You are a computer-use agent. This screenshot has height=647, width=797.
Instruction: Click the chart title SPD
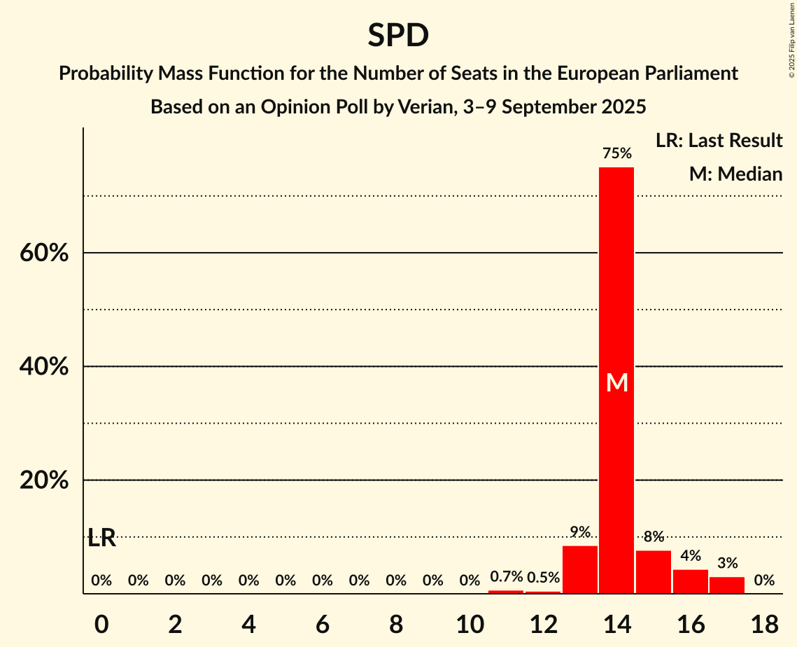(x=398, y=36)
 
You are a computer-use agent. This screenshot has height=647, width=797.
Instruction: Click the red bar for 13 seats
(x=580, y=569)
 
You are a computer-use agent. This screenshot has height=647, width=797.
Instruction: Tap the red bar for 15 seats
(x=654, y=571)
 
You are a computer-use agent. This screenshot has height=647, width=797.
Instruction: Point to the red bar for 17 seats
(x=727, y=585)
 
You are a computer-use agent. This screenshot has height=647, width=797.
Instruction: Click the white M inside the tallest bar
(x=617, y=382)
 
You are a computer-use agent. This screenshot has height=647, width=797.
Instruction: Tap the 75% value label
(x=616, y=153)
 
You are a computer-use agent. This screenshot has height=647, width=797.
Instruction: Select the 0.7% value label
(x=507, y=577)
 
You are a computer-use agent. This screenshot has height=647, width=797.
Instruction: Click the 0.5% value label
(x=543, y=578)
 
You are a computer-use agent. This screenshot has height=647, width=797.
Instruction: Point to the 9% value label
(x=580, y=532)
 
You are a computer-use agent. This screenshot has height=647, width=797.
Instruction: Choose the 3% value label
(x=727, y=563)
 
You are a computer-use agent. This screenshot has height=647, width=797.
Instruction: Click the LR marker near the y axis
(x=102, y=538)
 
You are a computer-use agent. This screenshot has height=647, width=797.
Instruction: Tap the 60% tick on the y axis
(x=44, y=253)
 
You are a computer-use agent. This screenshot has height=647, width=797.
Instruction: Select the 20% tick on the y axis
(x=44, y=480)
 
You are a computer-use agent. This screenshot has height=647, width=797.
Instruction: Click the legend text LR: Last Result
(x=719, y=141)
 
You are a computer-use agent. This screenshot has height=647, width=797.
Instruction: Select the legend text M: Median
(x=735, y=174)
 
